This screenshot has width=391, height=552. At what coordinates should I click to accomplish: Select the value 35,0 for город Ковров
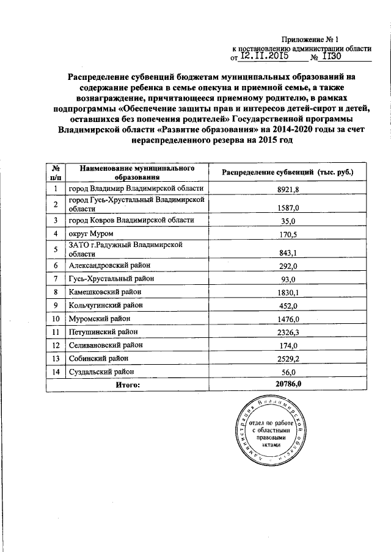pos(287,221)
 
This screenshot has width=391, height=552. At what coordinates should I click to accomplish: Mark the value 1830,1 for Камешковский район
pos(287,293)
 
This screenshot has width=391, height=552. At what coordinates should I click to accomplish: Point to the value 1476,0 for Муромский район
pos(287,319)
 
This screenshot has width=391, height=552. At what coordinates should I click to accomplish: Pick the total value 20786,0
pos(289,385)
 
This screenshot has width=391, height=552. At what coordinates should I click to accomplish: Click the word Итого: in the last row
pos(128,385)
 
